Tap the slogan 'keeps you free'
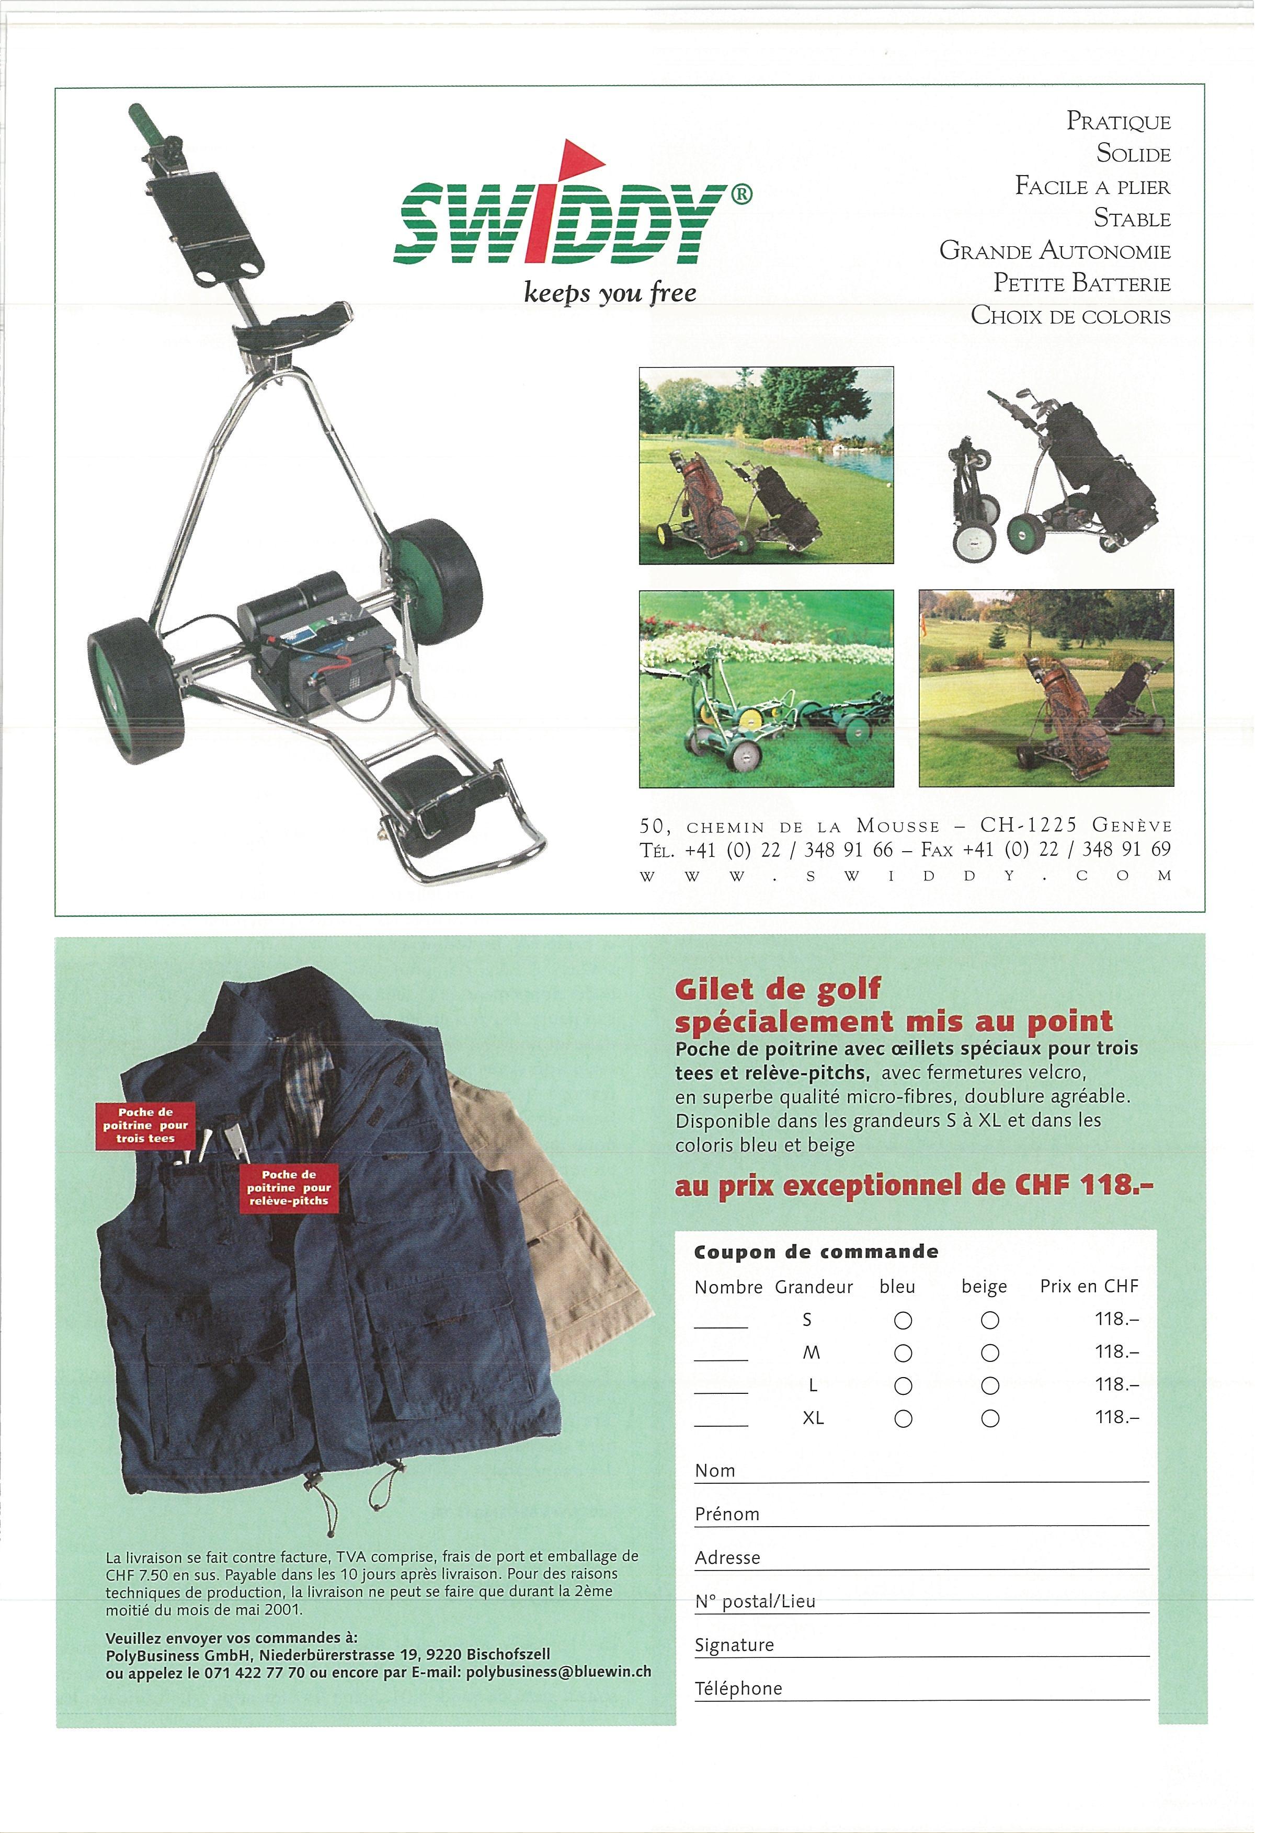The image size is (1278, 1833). [x=609, y=293]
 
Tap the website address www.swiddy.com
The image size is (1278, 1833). [x=905, y=876]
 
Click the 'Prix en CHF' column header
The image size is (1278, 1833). [x=1088, y=1286]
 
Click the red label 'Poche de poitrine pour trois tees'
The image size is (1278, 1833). [x=144, y=1125]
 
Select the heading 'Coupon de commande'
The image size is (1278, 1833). [x=815, y=1252]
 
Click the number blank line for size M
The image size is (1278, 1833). [x=720, y=1357]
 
